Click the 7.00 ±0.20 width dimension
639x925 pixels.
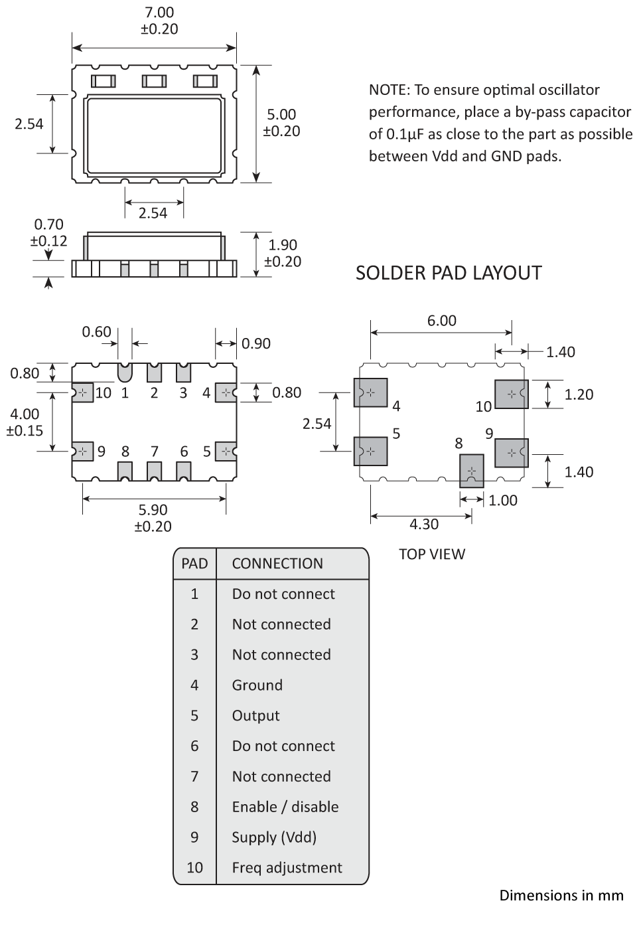tap(159, 21)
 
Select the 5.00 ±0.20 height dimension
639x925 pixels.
tap(281, 123)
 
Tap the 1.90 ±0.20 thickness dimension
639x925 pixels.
tap(283, 253)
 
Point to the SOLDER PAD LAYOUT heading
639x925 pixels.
tap(449, 273)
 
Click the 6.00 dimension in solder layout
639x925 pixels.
tap(441, 321)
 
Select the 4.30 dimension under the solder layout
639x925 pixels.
tap(423, 524)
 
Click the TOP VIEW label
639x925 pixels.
tap(432, 554)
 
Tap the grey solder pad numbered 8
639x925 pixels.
tap(472, 471)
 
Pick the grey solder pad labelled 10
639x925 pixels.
tap(512, 394)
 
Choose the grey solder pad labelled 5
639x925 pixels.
tap(370, 452)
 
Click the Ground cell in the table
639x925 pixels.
tap(257, 685)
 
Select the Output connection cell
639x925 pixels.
tap(255, 715)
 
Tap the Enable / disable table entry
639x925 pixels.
tap(285, 807)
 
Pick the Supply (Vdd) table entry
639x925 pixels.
tap(274, 837)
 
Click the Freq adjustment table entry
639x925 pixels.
tap(287, 867)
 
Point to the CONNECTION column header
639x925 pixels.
tap(277, 563)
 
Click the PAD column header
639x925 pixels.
tap(194, 563)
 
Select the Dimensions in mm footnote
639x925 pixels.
tap(561, 895)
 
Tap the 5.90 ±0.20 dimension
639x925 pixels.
tap(153, 517)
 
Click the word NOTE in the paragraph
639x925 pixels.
tap(389, 90)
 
